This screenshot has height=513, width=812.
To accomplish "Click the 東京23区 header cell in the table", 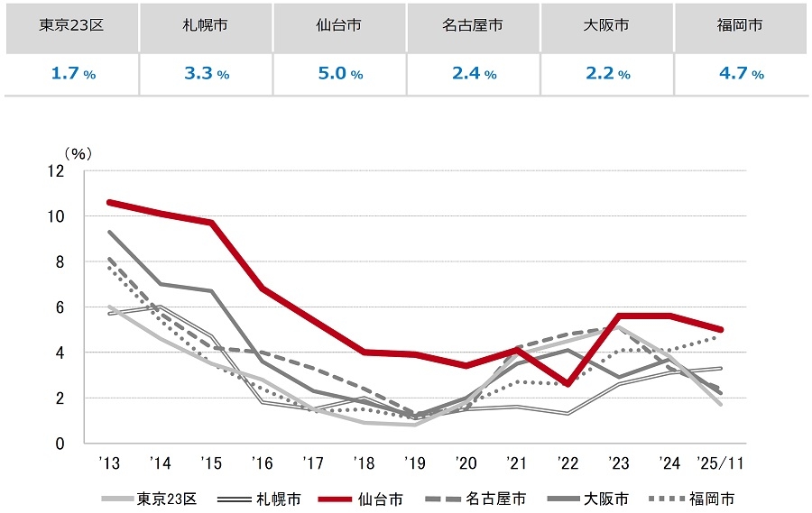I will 71,25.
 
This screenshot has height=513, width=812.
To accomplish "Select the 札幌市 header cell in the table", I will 205,25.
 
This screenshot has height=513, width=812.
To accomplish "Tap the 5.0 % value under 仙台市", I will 339,74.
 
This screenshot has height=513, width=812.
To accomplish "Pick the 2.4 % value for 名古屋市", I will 474,74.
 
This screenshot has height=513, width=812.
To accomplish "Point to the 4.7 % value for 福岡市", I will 741,74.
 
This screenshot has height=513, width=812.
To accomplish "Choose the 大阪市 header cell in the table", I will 607,25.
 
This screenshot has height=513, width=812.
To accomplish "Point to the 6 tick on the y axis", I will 60,307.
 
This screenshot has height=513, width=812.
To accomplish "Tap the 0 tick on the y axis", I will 60,444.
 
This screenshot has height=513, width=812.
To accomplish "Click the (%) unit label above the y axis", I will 78,153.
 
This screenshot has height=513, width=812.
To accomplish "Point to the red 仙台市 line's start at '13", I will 109,202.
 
